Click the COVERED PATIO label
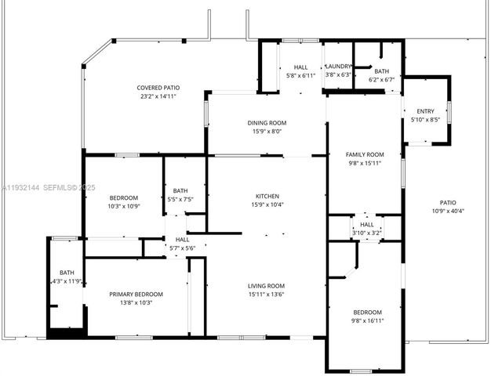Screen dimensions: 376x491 [x=159, y=88]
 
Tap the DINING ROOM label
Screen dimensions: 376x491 [x=267, y=123]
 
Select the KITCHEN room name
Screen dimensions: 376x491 [x=267, y=196]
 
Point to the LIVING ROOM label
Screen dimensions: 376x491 [x=267, y=286]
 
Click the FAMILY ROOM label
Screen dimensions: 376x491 [x=365, y=154]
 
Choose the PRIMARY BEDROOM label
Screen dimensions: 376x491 [x=136, y=295]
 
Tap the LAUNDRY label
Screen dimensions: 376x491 [x=338, y=67]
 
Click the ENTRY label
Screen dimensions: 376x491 [x=425, y=111]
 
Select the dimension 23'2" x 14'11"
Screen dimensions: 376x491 [x=159, y=97]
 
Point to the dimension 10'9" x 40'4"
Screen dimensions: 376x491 [x=448, y=211]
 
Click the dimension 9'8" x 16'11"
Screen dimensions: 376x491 [x=366, y=320]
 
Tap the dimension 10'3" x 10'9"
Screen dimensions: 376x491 [x=123, y=206]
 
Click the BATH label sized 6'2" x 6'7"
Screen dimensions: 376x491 [x=381, y=70]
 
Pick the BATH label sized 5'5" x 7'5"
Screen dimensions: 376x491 [x=180, y=190]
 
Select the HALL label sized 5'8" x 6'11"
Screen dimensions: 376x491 [x=300, y=67]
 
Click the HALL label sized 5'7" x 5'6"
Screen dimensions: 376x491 [x=182, y=240]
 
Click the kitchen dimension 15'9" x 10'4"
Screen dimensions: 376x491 [x=267, y=205]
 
